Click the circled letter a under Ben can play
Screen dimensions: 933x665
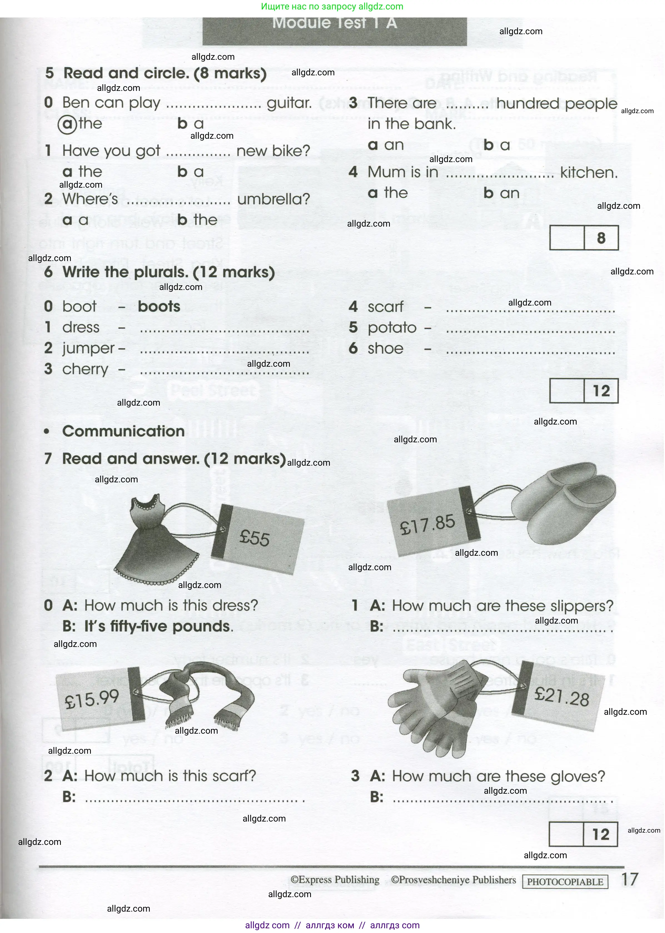coord(68,124)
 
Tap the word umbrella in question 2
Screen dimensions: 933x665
coord(273,199)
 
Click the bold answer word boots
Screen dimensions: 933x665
coord(159,306)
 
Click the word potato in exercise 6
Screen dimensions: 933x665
coord(392,328)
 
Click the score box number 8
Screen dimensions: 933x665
coord(601,238)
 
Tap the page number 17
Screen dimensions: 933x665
coord(630,879)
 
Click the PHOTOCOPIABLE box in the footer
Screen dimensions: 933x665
coord(565,882)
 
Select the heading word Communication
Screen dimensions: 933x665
coord(123,431)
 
